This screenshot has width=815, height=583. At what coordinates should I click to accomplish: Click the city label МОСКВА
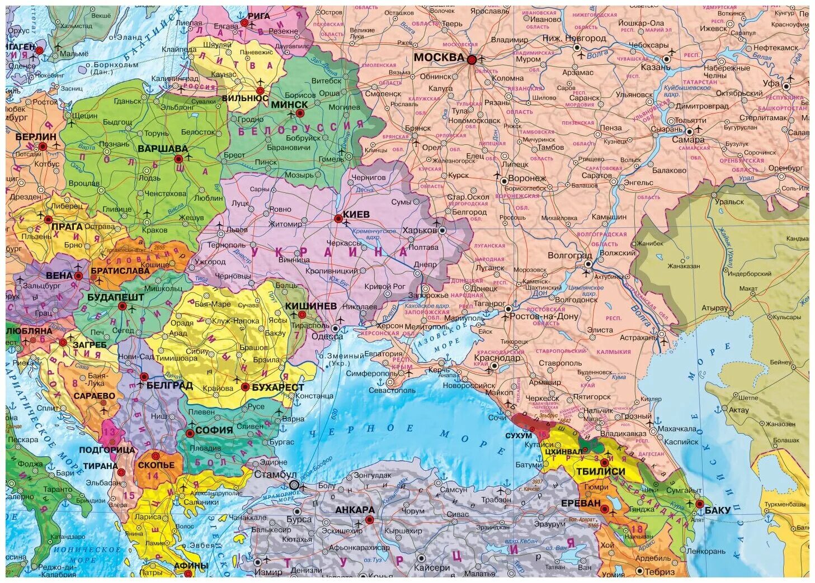pos(439,57)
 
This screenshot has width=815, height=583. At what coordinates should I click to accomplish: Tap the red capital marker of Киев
pos(338,219)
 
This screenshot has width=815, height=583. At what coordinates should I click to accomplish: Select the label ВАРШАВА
pos(162,149)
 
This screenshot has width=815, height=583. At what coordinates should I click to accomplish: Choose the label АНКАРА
pos(355,510)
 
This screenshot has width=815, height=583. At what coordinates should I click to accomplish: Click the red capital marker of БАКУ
pos(700,503)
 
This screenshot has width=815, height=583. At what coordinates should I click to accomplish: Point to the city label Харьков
pos(419,230)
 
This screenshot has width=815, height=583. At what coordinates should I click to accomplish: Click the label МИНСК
pos(289,105)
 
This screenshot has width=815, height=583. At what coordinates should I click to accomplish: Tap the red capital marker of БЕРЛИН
pos(43,147)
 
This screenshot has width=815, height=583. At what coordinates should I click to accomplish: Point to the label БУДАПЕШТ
pos(116,297)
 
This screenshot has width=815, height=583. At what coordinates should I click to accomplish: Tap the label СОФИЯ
pos(214,430)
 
